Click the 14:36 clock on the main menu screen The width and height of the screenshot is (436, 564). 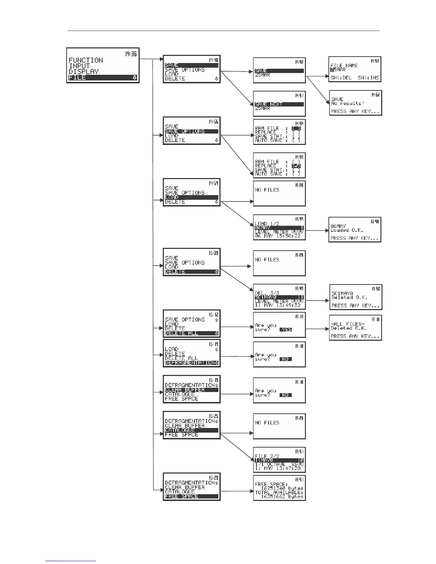(131, 54)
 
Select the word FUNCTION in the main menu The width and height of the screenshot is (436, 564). (86, 60)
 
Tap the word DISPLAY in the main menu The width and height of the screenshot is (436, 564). (84, 72)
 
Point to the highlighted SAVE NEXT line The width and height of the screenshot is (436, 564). (269, 104)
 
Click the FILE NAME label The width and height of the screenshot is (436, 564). (344, 66)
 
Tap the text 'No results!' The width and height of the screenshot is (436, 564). (348, 103)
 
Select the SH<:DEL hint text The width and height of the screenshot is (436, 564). (341, 78)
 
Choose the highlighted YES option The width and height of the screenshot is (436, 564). (286, 329)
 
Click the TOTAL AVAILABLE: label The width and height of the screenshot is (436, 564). (279, 492)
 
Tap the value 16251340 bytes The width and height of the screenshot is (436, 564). (281, 488)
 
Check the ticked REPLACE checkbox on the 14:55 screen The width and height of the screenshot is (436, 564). (296, 166)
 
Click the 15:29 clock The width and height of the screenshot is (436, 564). (214, 477)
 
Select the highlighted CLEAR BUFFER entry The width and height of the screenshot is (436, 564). (185, 390)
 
